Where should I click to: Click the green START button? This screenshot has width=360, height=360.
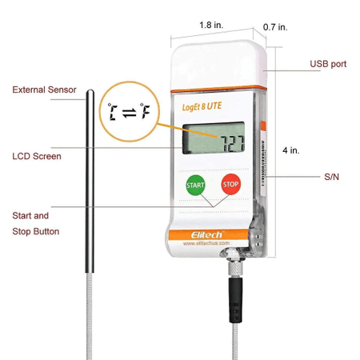pos(195,185)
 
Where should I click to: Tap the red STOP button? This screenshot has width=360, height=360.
pos(231,184)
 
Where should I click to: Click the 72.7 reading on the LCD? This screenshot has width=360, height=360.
pos(233,144)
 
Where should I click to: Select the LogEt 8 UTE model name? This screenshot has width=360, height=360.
pos(202,106)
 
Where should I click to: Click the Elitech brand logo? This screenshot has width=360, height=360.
pos(206,234)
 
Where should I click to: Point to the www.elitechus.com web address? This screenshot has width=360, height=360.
pos(206,243)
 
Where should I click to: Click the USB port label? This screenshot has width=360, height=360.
pos(328,64)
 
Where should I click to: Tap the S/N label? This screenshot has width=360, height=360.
pos(331,177)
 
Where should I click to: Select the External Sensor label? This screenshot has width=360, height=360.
pos(44,90)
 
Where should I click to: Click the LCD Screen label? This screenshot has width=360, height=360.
pos(37,156)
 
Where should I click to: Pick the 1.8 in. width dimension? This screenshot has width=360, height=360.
pos(211,25)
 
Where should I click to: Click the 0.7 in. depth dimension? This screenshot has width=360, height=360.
pos(275,27)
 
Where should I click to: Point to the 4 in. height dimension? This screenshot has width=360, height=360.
pos(291,150)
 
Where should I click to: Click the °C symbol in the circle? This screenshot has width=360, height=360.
pos(113,111)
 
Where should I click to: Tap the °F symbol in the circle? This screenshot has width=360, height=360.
pos(145,111)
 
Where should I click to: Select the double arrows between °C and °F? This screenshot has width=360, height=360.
pos(130,113)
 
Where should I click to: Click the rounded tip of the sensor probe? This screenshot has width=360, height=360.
pos(90,91)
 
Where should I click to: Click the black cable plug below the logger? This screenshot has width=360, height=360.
pos(236,300)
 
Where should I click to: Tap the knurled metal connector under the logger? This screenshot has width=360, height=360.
pos(235,268)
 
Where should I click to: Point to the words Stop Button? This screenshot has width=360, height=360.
pos(36,231)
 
